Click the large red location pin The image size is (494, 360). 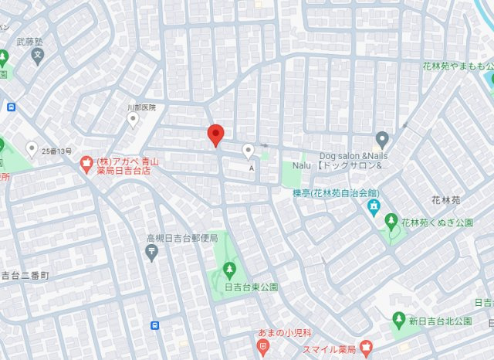point(217,135)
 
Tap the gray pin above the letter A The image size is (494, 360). point(248,150)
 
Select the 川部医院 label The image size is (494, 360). point(140,107)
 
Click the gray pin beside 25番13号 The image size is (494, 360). point(32,148)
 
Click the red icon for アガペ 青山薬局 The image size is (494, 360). point(86,162)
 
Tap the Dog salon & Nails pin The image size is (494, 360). point(381,139)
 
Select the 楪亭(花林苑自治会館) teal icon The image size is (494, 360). point(374,206)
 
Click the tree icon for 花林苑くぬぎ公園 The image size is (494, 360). point(391,222)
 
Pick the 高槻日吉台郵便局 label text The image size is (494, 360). point(182,238)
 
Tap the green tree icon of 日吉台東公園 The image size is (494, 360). point(228,269)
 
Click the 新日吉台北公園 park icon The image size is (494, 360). point(398,318)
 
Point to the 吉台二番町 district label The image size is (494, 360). point(25,275)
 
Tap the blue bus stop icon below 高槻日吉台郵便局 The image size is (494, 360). point(155,325)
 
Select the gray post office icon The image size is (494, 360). point(151,253)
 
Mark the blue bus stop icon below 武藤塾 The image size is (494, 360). point(10,107)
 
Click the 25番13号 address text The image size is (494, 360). point(57,151)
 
